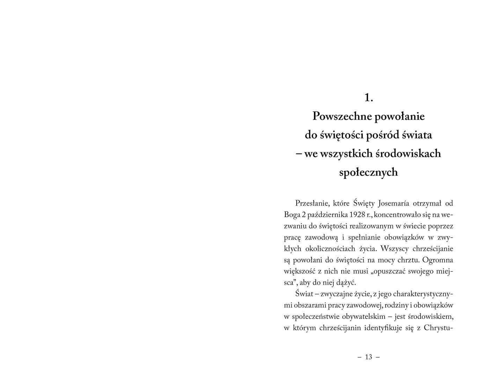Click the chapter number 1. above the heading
point(368,98)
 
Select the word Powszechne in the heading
point(341,116)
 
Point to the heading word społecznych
point(368,172)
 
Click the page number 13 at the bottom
point(368,357)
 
